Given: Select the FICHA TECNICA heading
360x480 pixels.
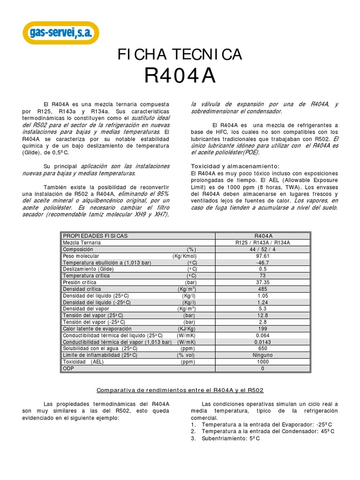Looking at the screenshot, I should click(x=180, y=55).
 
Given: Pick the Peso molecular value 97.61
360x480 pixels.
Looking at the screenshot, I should click(x=262, y=256).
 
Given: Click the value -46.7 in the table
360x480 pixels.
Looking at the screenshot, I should click(x=262, y=262).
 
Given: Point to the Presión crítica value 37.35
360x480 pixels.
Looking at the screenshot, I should click(x=262, y=283).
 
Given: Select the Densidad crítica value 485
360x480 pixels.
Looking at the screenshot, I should click(x=262, y=289).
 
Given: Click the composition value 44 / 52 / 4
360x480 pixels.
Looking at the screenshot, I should click(x=262, y=249).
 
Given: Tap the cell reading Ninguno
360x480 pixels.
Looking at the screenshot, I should click(x=262, y=355).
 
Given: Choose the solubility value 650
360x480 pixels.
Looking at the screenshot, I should click(x=262, y=349).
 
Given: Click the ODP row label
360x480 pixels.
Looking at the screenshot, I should click(x=68, y=369).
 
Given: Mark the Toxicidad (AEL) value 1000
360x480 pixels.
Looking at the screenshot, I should click(x=262, y=362).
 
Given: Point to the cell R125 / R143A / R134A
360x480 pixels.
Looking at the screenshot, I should click(x=262, y=242).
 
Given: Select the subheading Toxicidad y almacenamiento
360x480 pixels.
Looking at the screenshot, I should click(x=235, y=166).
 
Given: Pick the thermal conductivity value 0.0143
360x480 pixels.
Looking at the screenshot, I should click(x=262, y=342).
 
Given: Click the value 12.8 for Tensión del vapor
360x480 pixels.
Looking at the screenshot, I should click(x=262, y=316).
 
